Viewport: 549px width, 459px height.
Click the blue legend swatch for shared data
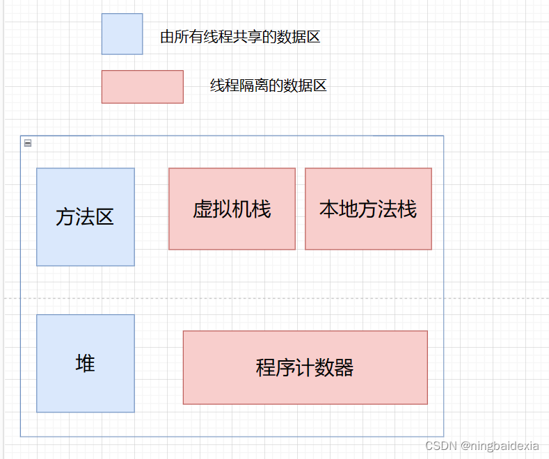[122, 33]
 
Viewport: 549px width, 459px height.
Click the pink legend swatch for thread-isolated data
[142, 86]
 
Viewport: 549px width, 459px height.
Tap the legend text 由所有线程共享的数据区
[240, 38]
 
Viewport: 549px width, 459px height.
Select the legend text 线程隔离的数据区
[269, 86]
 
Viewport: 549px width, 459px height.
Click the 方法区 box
[85, 216]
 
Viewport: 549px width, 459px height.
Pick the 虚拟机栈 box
[232, 209]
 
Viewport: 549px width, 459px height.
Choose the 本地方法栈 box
[368, 209]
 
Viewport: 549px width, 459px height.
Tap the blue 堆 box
[85, 363]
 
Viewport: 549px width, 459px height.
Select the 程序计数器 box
[305, 367]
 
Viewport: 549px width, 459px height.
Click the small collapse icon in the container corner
[28, 143]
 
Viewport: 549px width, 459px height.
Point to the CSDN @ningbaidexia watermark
[482, 445]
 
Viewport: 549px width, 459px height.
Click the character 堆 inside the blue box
[85, 363]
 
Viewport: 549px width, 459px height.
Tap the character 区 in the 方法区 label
[104, 217]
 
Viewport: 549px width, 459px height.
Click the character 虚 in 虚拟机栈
[202, 209]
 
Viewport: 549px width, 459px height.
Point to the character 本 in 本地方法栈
[329, 209]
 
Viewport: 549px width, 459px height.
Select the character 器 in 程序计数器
[344, 368]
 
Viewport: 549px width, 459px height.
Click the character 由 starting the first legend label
[167, 38]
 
